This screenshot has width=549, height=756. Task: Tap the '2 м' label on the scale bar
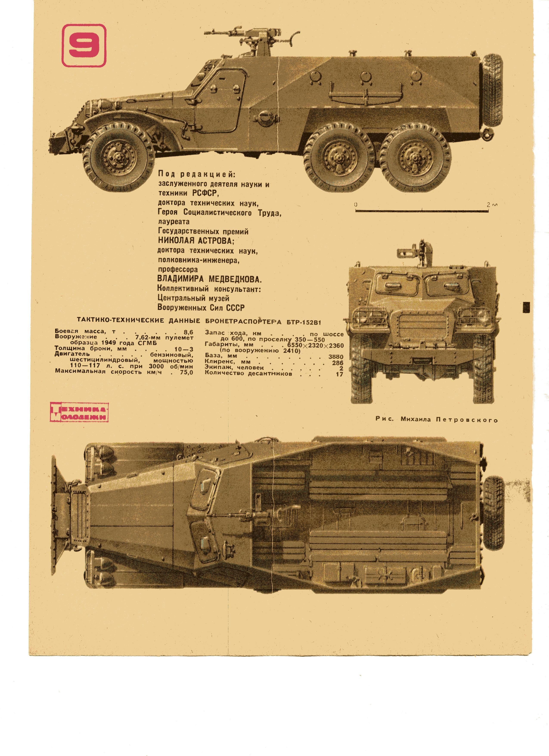click(x=491, y=204)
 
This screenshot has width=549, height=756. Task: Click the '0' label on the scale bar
click(x=356, y=204)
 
